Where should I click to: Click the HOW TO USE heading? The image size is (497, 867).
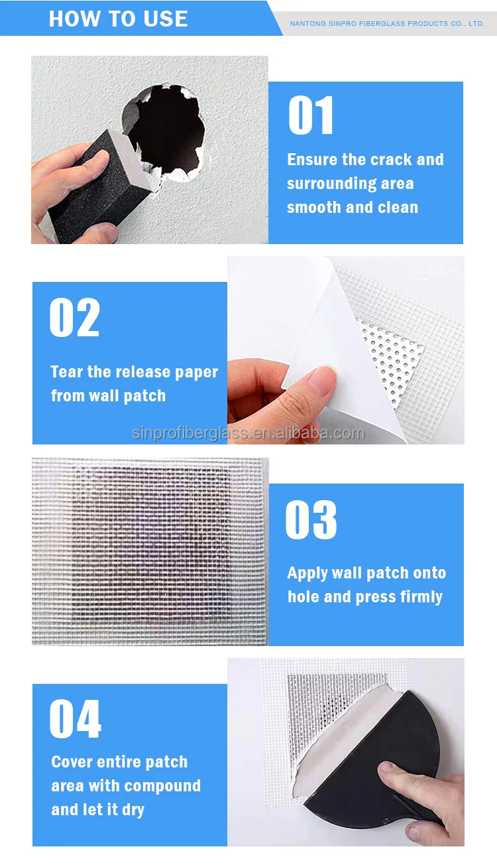[x=118, y=19]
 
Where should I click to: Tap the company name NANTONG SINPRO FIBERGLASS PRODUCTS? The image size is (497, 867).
[x=387, y=24]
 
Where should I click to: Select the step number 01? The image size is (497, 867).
[x=311, y=117]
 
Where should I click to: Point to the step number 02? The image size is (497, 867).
[x=74, y=318]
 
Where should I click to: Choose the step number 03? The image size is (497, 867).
[x=311, y=520]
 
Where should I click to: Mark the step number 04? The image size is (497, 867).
[x=75, y=719]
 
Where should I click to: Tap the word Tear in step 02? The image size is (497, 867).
[x=67, y=372]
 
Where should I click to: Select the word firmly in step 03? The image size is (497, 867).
[x=421, y=597]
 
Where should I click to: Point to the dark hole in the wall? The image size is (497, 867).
[x=166, y=129]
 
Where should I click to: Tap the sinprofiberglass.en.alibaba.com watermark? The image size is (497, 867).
[x=248, y=434]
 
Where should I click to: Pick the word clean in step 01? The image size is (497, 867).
[x=398, y=208]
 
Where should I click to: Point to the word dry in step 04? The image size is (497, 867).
[x=133, y=810]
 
